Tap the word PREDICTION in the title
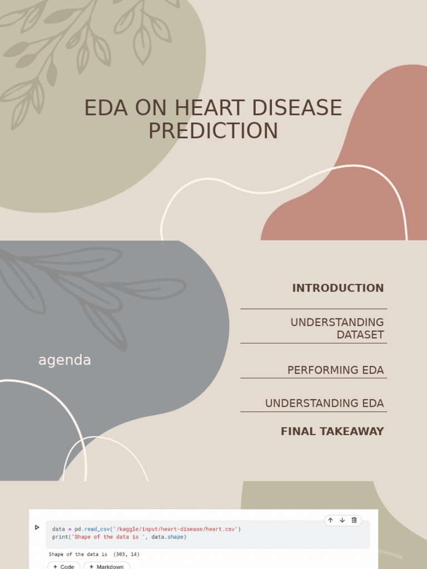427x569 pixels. (x=213, y=131)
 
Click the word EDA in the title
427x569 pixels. (x=105, y=108)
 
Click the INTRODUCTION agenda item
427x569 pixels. (x=337, y=288)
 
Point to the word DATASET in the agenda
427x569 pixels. (x=360, y=335)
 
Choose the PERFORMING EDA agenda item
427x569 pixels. (x=335, y=370)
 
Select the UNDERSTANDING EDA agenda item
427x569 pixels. (x=324, y=403)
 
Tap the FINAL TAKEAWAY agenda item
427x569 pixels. (x=332, y=431)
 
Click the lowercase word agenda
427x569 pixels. (x=64, y=361)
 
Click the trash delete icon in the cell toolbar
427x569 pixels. (x=354, y=520)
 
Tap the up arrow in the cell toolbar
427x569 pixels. (x=330, y=520)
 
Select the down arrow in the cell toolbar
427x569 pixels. (x=342, y=520)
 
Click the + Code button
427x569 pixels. (x=63, y=566)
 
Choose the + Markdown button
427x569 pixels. (x=107, y=566)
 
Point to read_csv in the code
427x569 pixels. (x=97, y=529)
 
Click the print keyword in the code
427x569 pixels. (x=59, y=537)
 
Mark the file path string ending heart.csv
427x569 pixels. (x=175, y=529)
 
